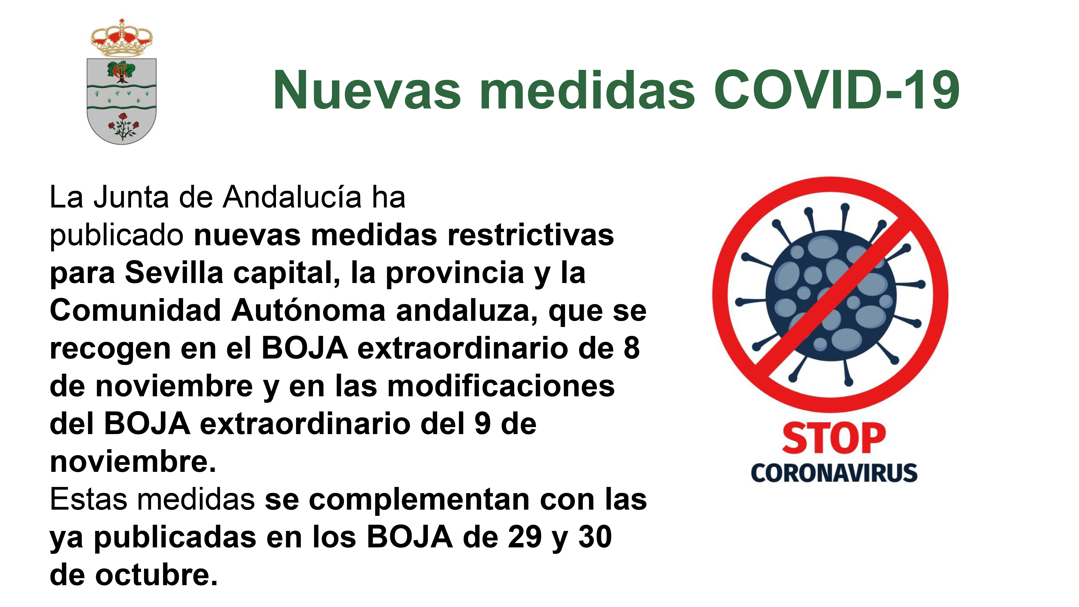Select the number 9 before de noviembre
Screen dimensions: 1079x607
coord(483,424)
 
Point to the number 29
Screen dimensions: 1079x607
coord(525,537)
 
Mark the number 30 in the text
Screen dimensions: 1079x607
coord(595,537)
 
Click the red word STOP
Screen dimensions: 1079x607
coord(834,439)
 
